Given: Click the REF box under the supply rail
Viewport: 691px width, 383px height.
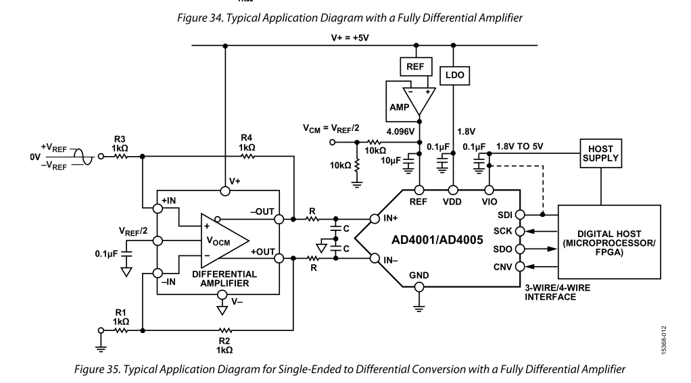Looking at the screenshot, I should click(413, 68).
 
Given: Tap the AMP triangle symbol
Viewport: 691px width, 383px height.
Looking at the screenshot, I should click(419, 99).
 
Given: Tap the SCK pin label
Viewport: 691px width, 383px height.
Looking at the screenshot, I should click(504, 231).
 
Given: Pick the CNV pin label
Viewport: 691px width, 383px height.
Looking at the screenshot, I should click(504, 265).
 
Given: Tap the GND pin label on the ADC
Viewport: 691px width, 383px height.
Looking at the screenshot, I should click(419, 275).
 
